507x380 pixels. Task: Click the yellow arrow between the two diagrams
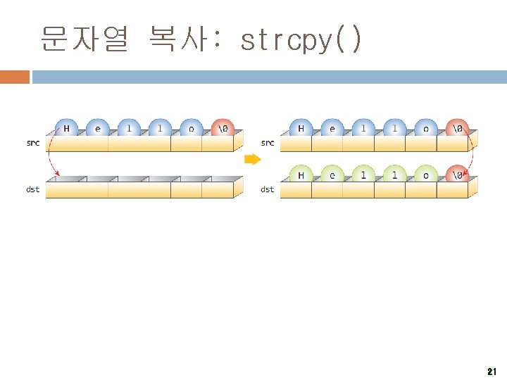pos(251,160)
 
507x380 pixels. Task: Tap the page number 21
pos(492,371)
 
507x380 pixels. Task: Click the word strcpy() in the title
pos(301,41)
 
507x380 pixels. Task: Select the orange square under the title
pos(14,76)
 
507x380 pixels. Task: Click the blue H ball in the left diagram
pos(67,129)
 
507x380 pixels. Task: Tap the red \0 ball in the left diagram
pos(223,129)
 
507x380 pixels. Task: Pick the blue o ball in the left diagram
pos(192,129)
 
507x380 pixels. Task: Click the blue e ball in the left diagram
pos(97,129)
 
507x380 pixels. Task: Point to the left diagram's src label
pos(33,143)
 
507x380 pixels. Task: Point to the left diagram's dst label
pos(33,189)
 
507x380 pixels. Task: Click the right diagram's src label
pos(268,143)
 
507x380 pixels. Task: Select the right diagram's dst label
pos(268,189)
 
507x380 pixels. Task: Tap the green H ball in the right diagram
pos(301,175)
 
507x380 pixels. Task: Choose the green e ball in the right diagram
pos(332,175)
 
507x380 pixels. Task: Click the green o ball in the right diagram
pos(425,175)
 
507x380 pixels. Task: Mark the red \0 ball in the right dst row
pos(457,175)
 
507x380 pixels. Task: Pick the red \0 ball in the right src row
pos(457,129)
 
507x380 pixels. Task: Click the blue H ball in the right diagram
pos(301,129)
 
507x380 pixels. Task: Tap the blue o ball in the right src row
pos(425,129)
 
